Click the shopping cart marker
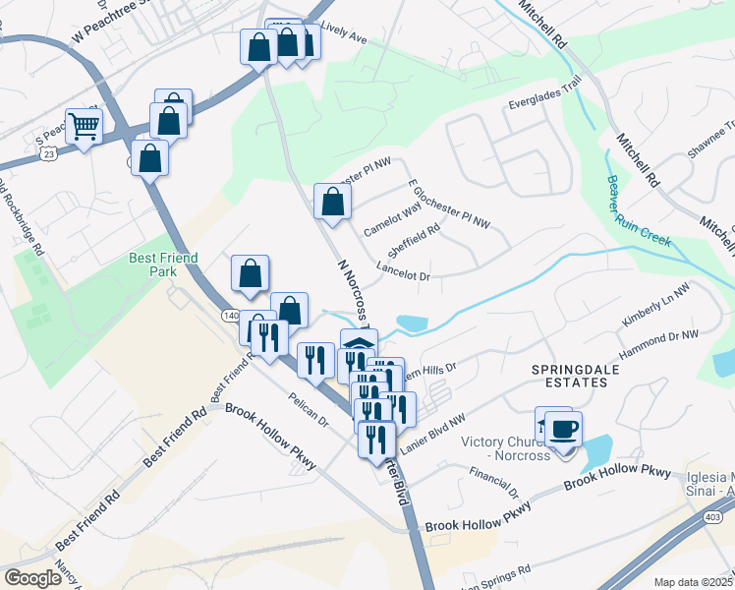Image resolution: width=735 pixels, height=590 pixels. (85, 127)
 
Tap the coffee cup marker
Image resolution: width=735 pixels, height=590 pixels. (564, 429)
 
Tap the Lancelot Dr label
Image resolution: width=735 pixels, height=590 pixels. (404, 276)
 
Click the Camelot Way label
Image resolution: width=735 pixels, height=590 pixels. (392, 217)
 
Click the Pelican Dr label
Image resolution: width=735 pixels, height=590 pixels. (309, 409)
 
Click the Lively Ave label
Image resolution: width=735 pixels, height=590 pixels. (343, 38)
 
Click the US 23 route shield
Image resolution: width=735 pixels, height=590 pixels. (48, 153)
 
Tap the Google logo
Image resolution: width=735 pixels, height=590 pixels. (33, 578)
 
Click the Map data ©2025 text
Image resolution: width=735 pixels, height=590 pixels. (693, 582)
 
